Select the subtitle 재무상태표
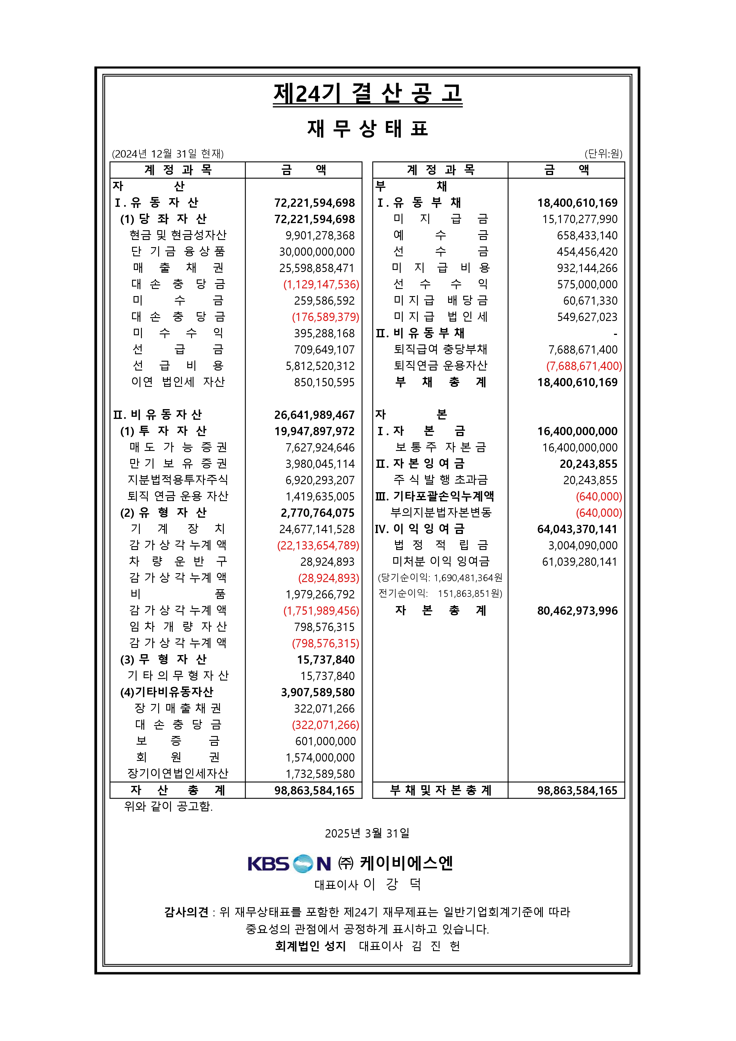[x=367, y=129]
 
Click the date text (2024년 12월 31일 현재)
[x=168, y=154]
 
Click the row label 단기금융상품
[x=178, y=252]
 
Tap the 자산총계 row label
[x=178, y=790]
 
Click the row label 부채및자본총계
[x=440, y=790]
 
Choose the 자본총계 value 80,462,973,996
[x=577, y=611]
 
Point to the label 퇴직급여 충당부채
[x=440, y=349]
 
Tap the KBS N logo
[x=289, y=864]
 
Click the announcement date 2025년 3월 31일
[x=367, y=833]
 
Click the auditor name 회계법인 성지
[x=310, y=946]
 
